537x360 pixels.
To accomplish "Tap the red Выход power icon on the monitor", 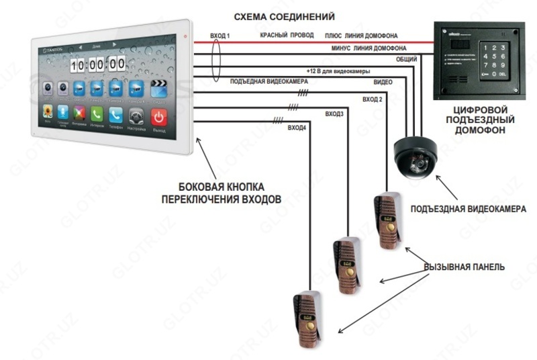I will coord(158,116).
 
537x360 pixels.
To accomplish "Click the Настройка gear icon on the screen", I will coord(136,116).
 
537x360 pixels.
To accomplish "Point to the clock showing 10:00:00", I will coord(97,64).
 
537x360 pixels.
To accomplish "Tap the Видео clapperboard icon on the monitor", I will coord(158,87).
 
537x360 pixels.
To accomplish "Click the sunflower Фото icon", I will coord(48,112).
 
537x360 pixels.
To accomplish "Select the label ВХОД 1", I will coord(220,36).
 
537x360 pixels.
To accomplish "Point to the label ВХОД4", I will coord(297,127).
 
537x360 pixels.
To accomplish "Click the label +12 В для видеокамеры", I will coord(338,71).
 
